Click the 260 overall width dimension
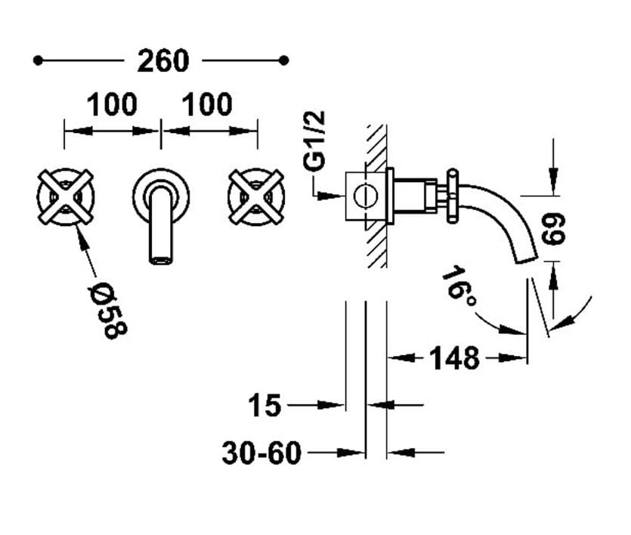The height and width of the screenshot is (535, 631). pos(162,60)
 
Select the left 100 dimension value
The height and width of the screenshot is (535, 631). pos(112,104)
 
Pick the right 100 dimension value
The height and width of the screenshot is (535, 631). pos(207,104)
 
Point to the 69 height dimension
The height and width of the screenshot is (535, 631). pos(556,227)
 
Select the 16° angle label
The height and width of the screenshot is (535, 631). pos(459,286)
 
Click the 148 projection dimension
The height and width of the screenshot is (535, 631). pos(454,357)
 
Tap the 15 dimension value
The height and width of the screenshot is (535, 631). pos(264,406)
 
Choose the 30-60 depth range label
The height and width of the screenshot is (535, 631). pos(261,453)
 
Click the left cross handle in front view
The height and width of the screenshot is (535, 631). pos(65,196)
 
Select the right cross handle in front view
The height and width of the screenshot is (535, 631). pos(255,196)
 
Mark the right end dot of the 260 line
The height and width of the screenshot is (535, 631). pos(284,60)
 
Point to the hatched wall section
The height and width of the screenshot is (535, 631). pos(376,195)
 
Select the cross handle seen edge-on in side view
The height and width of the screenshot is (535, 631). pos(451,195)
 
